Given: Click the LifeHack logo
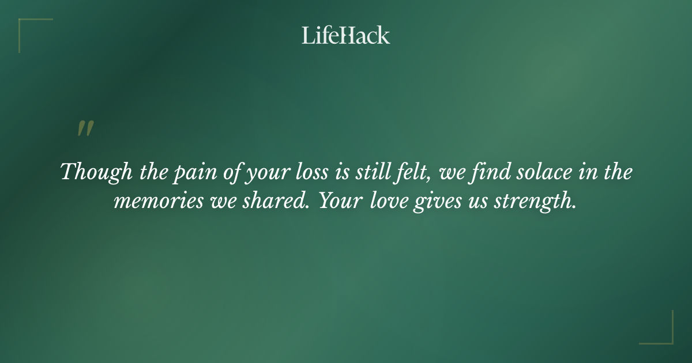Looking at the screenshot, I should (x=346, y=35).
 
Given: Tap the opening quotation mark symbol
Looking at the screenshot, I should (x=85, y=129).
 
